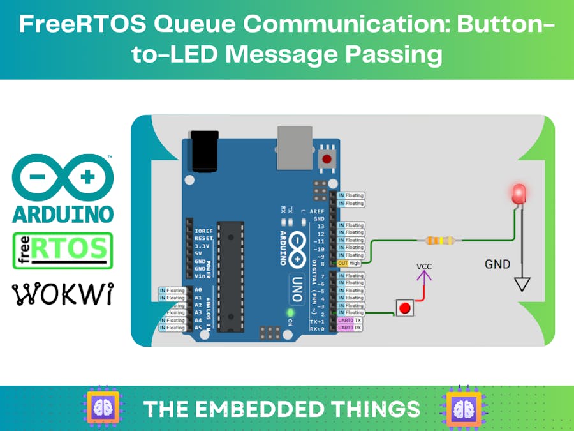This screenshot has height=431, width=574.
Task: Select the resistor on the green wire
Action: point(439,241)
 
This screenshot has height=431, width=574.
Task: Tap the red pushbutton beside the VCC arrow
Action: point(404,308)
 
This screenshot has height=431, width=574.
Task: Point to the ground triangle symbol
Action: point(522,284)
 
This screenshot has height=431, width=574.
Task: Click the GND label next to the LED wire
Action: point(497,264)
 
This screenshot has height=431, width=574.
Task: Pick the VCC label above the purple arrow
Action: point(424,266)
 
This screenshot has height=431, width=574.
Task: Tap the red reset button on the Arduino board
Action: point(328,158)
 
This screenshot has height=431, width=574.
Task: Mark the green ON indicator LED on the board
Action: point(291,313)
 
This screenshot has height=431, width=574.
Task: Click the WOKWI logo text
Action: point(63,294)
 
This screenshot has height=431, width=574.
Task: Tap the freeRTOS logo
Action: point(63,250)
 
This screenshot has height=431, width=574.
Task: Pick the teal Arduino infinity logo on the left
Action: point(63,177)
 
